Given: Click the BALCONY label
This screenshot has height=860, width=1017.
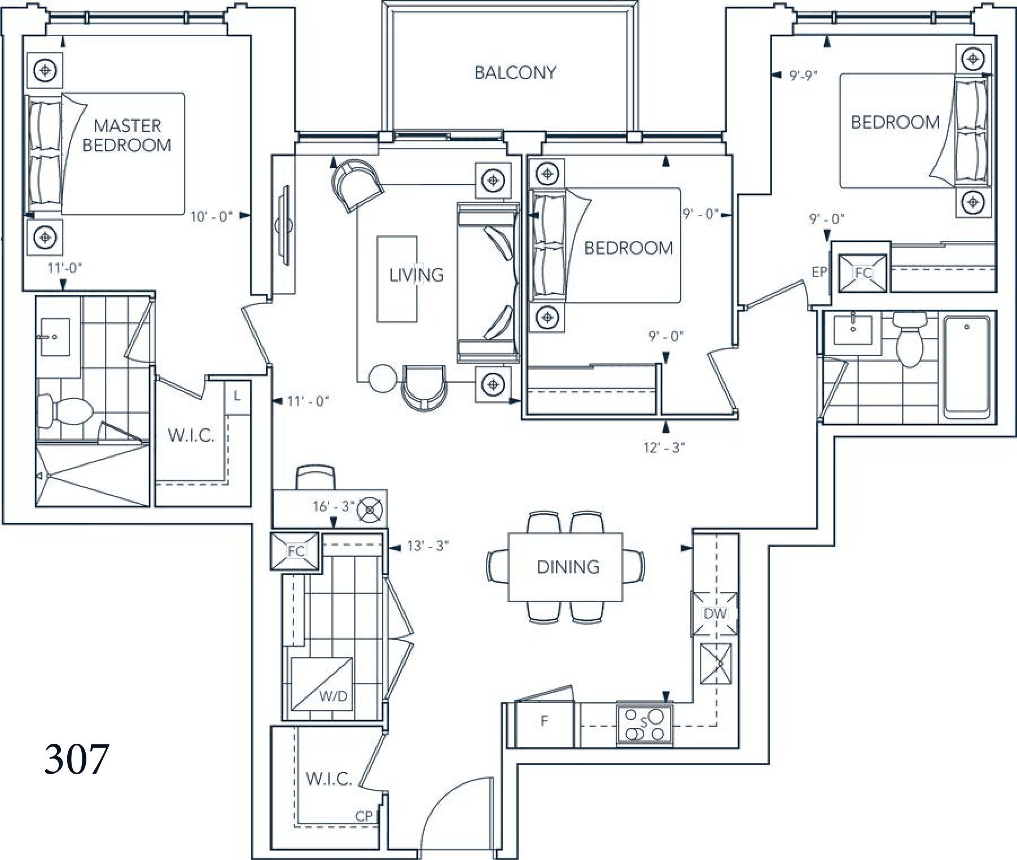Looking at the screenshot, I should tap(515, 73).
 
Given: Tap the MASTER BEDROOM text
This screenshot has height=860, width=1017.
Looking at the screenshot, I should tap(127, 135).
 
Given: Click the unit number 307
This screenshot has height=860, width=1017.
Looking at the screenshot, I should tap(76, 759).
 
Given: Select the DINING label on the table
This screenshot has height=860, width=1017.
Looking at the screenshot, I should tap(568, 567).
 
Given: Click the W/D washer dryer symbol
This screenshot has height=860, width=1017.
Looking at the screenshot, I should tap(322, 684).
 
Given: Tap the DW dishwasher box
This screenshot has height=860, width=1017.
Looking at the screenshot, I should tap(715, 613).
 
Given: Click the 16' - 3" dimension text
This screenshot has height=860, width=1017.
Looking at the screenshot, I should tap(334, 506).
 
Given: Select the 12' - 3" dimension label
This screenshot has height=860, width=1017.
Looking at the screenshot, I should tap(664, 447).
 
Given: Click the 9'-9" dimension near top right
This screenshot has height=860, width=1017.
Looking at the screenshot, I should tap(804, 76).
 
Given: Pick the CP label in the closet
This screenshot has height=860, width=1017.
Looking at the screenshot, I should tap(364, 816).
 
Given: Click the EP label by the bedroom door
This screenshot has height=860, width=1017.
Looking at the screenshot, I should tap(819, 272).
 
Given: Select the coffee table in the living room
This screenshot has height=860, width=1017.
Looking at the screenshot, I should tap(397, 279).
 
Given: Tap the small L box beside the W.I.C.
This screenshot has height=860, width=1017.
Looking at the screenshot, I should tap(238, 397).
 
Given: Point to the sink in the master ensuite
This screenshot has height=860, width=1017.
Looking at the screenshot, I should tap(54, 337).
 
